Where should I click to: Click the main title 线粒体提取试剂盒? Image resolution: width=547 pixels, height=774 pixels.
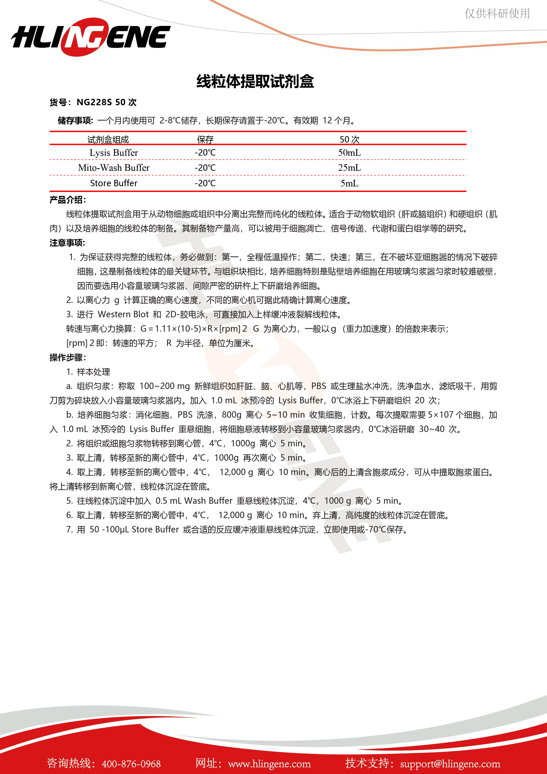point(255,82)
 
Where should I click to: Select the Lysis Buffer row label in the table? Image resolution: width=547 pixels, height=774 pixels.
point(114,153)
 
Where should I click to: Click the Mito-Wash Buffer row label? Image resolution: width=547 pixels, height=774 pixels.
point(114,167)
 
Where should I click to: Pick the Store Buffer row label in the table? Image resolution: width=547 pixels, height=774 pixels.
point(114,183)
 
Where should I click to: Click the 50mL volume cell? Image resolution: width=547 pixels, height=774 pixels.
point(349,153)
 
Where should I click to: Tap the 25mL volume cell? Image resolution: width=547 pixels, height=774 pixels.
point(349,167)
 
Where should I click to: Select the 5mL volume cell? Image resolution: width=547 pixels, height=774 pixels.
point(349,183)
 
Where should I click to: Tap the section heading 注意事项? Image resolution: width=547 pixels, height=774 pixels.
point(67,243)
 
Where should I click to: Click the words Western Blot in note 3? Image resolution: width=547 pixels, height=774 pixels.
point(123,314)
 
